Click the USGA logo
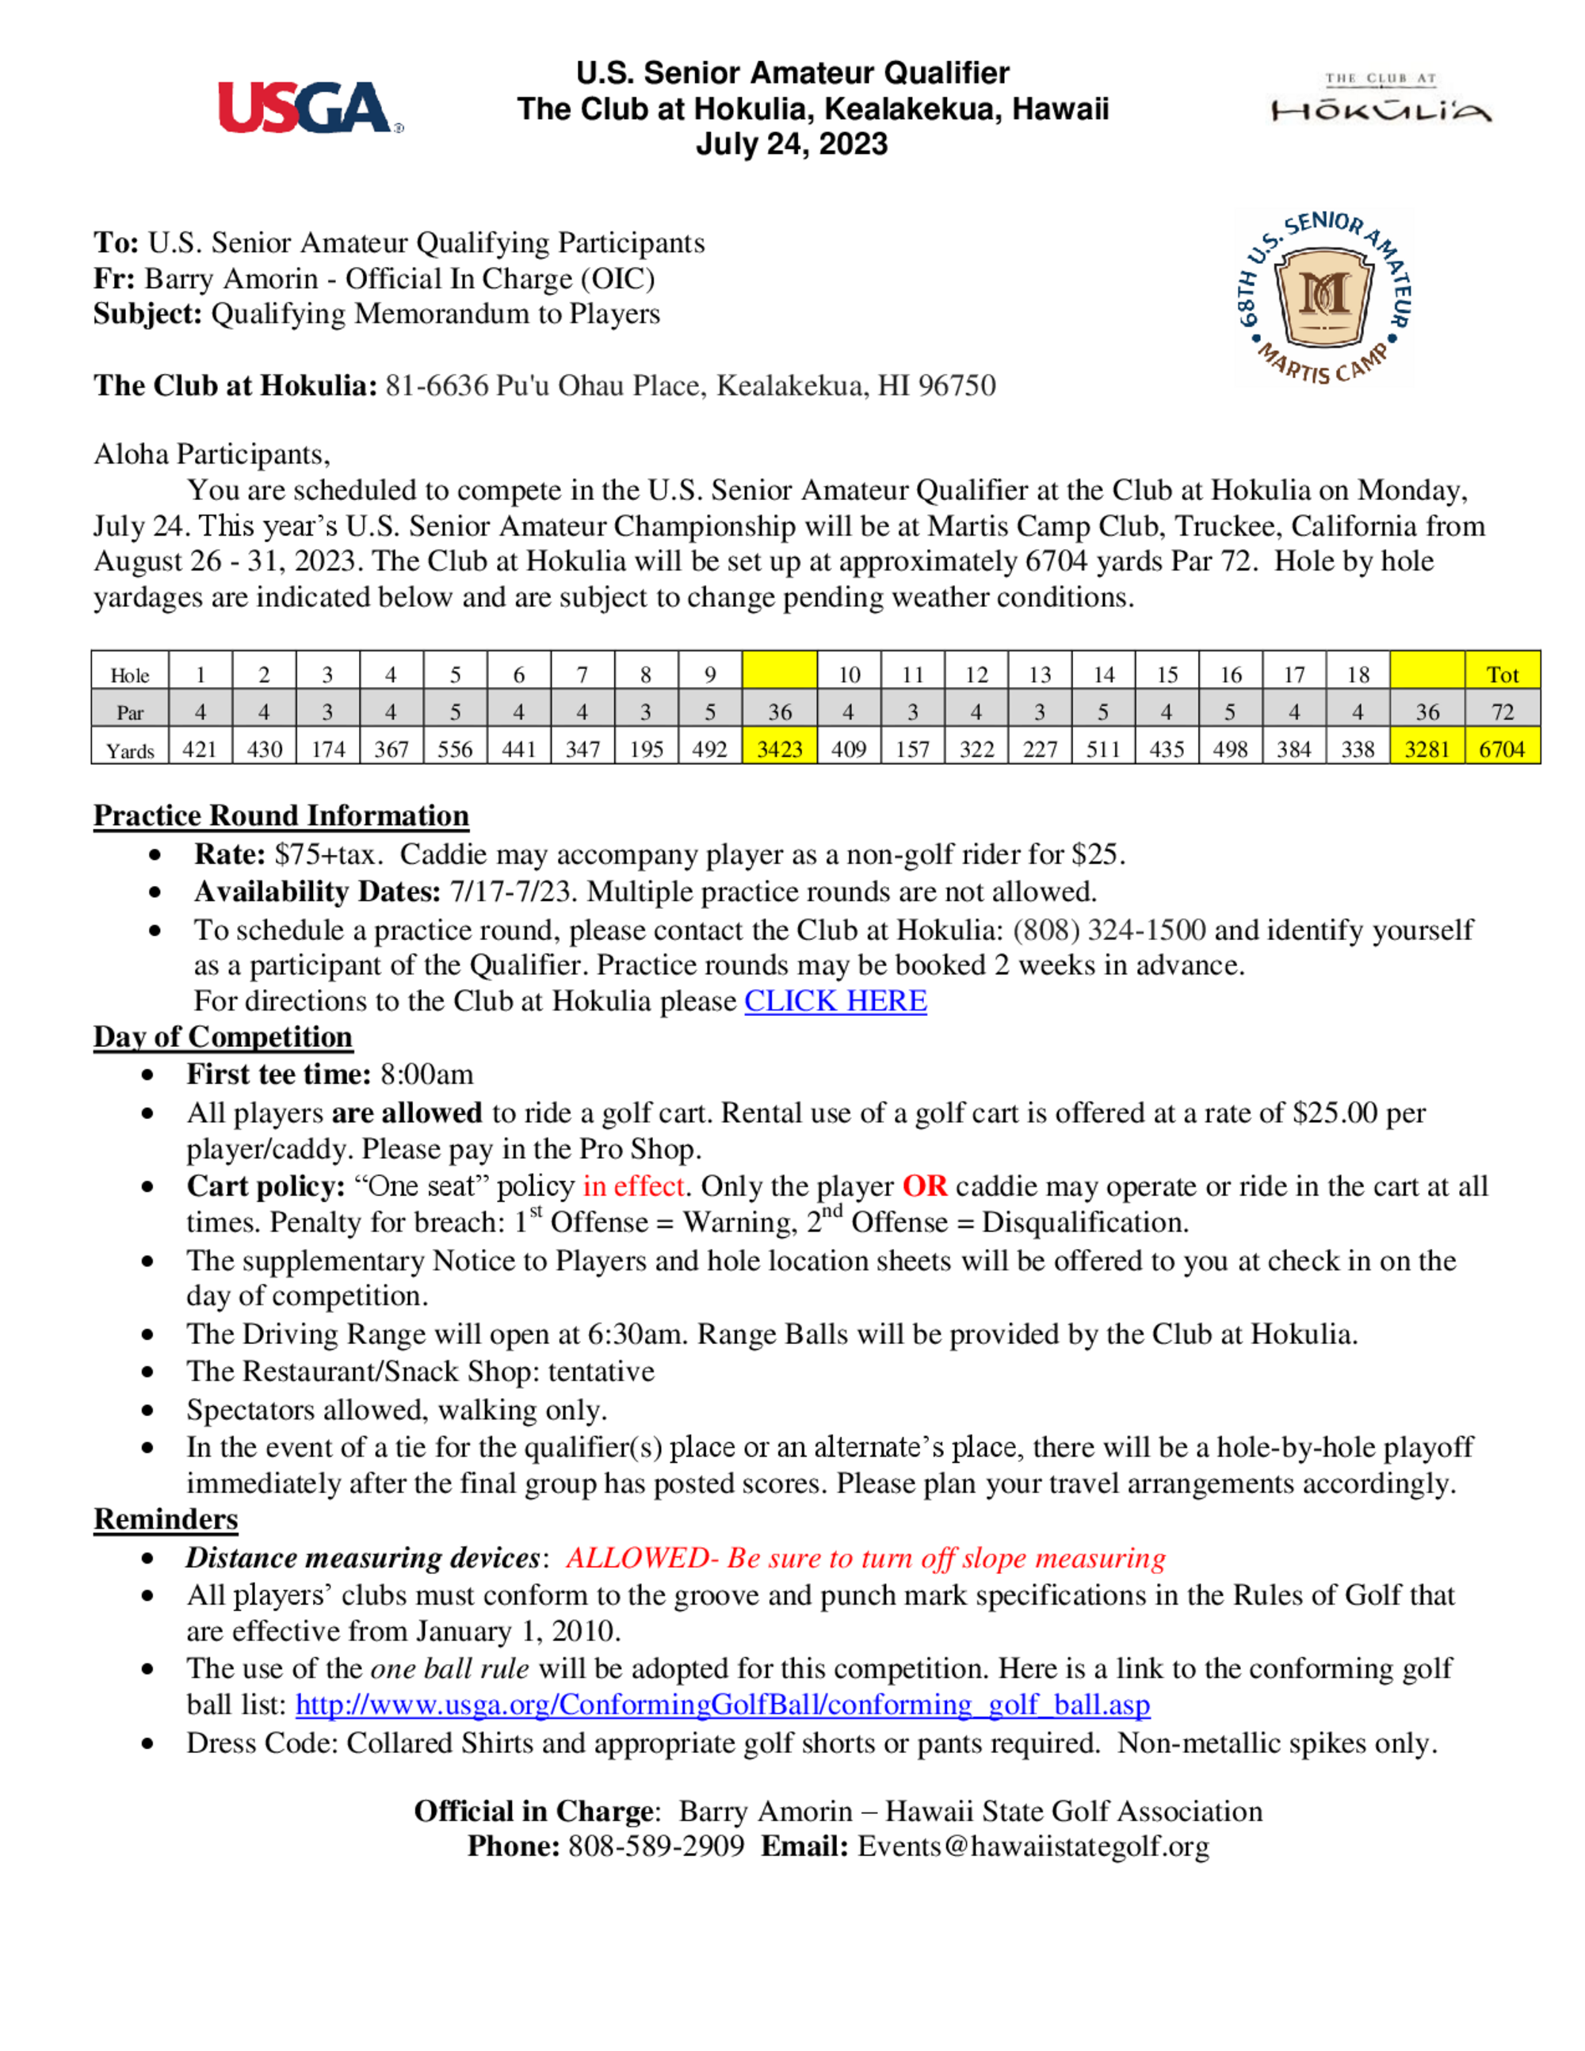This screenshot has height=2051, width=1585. tap(310, 108)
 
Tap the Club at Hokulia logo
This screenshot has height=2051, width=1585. tap(1381, 98)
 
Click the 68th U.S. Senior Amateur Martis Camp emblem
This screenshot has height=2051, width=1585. tap(1325, 299)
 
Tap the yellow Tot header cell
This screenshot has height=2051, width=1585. tap(1503, 674)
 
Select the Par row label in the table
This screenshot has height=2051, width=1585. tap(130, 712)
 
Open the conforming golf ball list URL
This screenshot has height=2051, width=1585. tap(722, 1705)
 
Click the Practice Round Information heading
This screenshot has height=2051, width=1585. tap(281, 815)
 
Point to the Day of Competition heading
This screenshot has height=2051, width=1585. tap(223, 1037)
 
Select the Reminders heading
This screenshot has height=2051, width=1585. tap(166, 1519)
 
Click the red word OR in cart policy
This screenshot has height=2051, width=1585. tap(925, 1186)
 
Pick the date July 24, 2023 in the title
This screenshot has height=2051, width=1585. tap(792, 143)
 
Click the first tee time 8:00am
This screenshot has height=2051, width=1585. tap(426, 1075)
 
